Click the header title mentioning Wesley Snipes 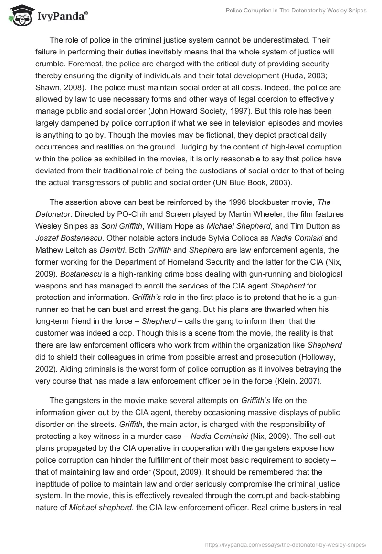[296, 11]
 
